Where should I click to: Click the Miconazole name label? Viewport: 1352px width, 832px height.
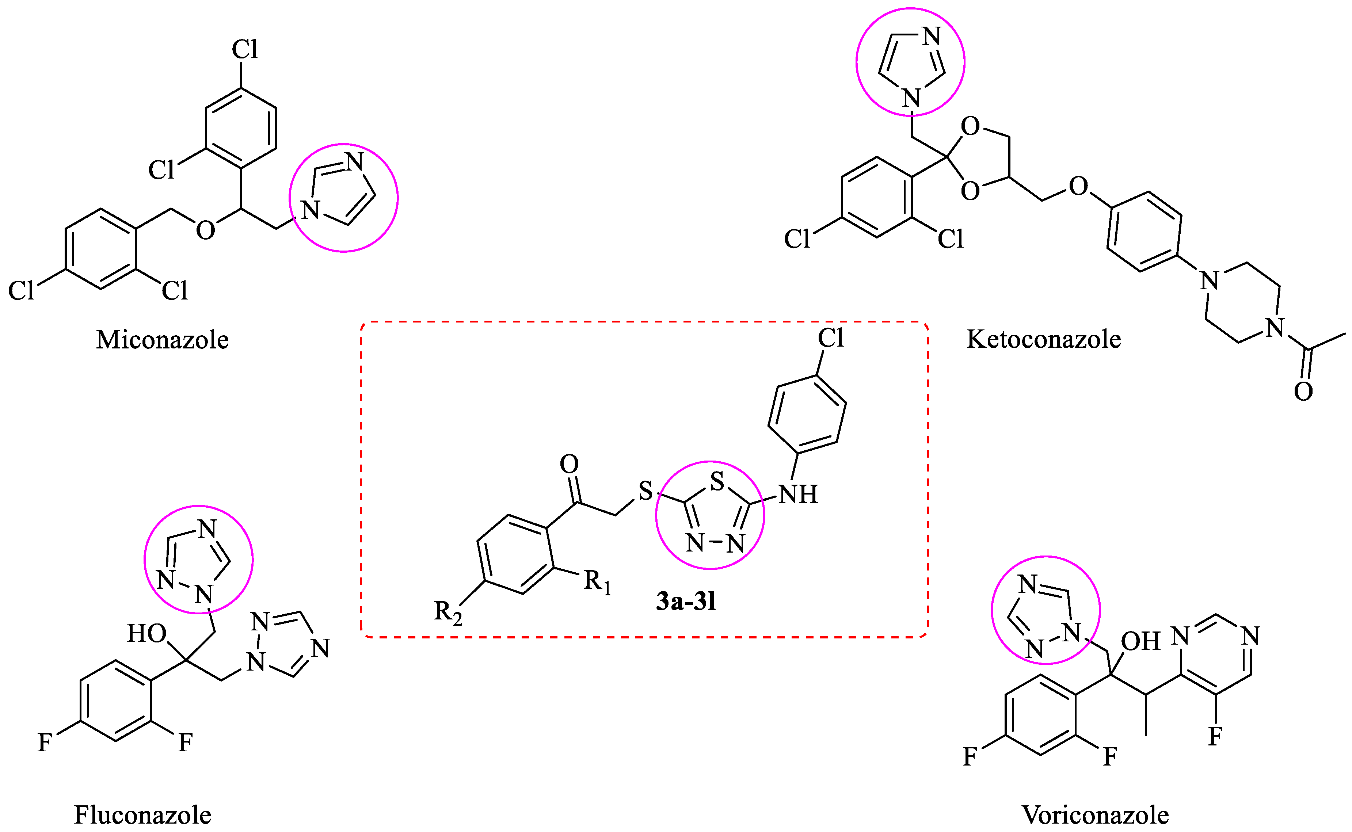point(162,340)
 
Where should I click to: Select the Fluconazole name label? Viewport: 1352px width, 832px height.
point(142,815)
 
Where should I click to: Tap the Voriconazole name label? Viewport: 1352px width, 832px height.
point(1095,815)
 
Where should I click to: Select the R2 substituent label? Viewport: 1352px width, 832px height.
point(448,612)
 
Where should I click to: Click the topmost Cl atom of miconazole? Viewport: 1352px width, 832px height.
point(244,50)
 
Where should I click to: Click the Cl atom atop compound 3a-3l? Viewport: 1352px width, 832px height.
point(830,338)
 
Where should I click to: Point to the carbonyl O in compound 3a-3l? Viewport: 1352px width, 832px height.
point(569,464)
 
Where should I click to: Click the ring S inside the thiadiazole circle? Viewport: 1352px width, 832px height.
point(716,481)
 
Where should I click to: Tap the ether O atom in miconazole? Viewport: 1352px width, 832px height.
point(205,230)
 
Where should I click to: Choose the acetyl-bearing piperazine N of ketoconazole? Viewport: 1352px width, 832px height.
point(1275,328)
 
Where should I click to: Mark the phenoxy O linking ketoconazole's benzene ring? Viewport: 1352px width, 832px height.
point(1078,187)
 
